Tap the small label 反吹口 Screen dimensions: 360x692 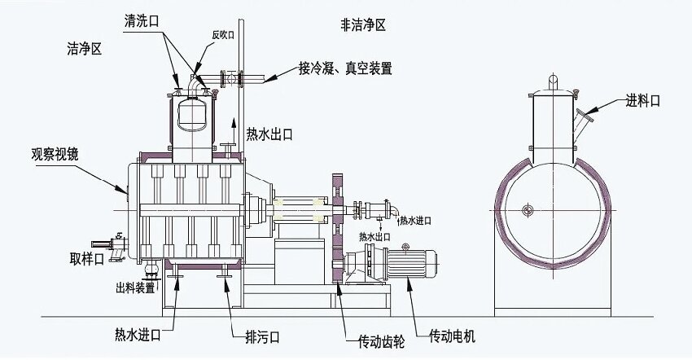click(x=223, y=35)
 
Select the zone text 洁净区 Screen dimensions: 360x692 click(x=84, y=50)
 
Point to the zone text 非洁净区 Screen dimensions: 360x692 click(x=363, y=25)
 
